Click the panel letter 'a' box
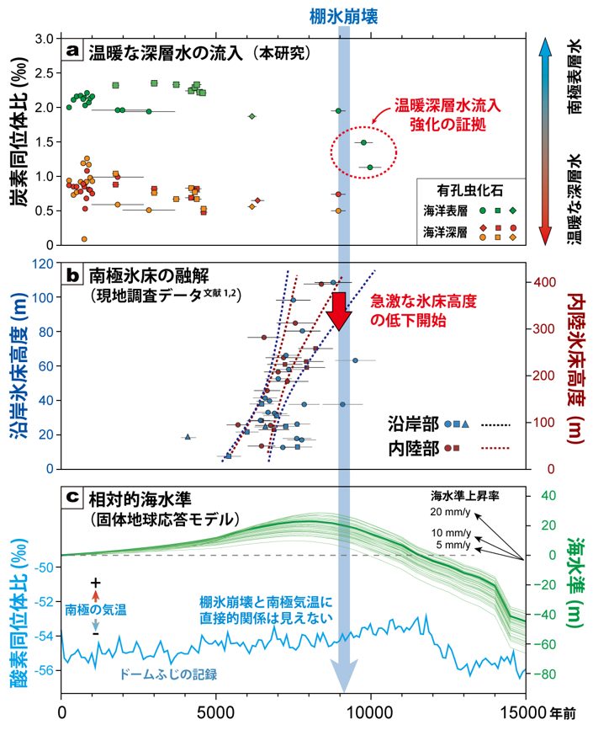click(x=74, y=52)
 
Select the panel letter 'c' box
click(x=74, y=497)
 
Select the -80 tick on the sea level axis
click(x=547, y=674)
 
